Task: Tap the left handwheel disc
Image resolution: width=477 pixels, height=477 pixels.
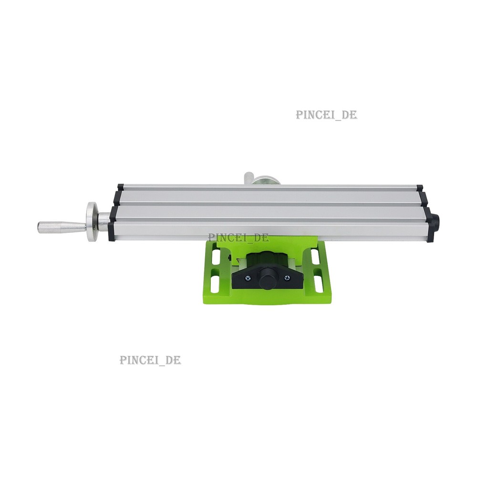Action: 91,221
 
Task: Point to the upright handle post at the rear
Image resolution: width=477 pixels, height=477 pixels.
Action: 248,178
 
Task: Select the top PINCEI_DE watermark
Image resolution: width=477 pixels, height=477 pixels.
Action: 326,115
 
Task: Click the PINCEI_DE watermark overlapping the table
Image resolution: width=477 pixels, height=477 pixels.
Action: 238,238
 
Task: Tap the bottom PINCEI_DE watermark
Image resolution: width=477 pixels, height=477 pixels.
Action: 150,360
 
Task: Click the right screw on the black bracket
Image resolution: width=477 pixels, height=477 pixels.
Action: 287,277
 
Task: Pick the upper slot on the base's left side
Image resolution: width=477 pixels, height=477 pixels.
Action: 216,257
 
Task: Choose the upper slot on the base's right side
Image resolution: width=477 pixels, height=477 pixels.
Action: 315,256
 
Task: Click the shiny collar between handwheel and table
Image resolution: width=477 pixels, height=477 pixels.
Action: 103,222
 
